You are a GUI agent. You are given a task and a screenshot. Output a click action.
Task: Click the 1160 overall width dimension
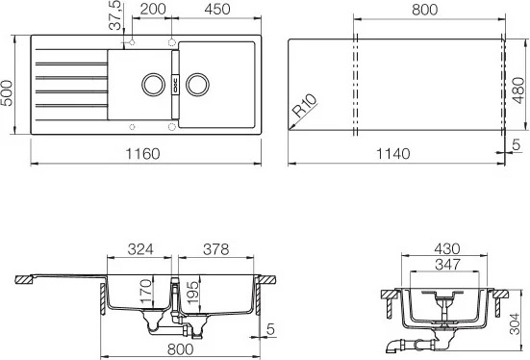pyautogui.click(x=142, y=154)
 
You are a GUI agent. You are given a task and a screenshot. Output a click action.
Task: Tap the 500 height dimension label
pyautogui.click(x=7, y=93)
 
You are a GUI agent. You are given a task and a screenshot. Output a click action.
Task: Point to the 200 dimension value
pyautogui.click(x=153, y=9)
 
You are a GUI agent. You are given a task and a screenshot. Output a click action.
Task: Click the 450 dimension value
pyautogui.click(x=217, y=9)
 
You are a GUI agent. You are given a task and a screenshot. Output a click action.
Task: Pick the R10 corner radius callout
pyautogui.click(x=305, y=105)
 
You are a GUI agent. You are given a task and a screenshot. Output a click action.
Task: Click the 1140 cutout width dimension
pyautogui.click(x=393, y=154)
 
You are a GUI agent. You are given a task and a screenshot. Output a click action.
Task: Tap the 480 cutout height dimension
pyautogui.click(x=517, y=90)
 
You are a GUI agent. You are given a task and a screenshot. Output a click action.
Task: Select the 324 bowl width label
pyautogui.click(x=140, y=249)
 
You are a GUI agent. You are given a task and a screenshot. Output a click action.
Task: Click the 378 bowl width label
pyautogui.click(x=216, y=249)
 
